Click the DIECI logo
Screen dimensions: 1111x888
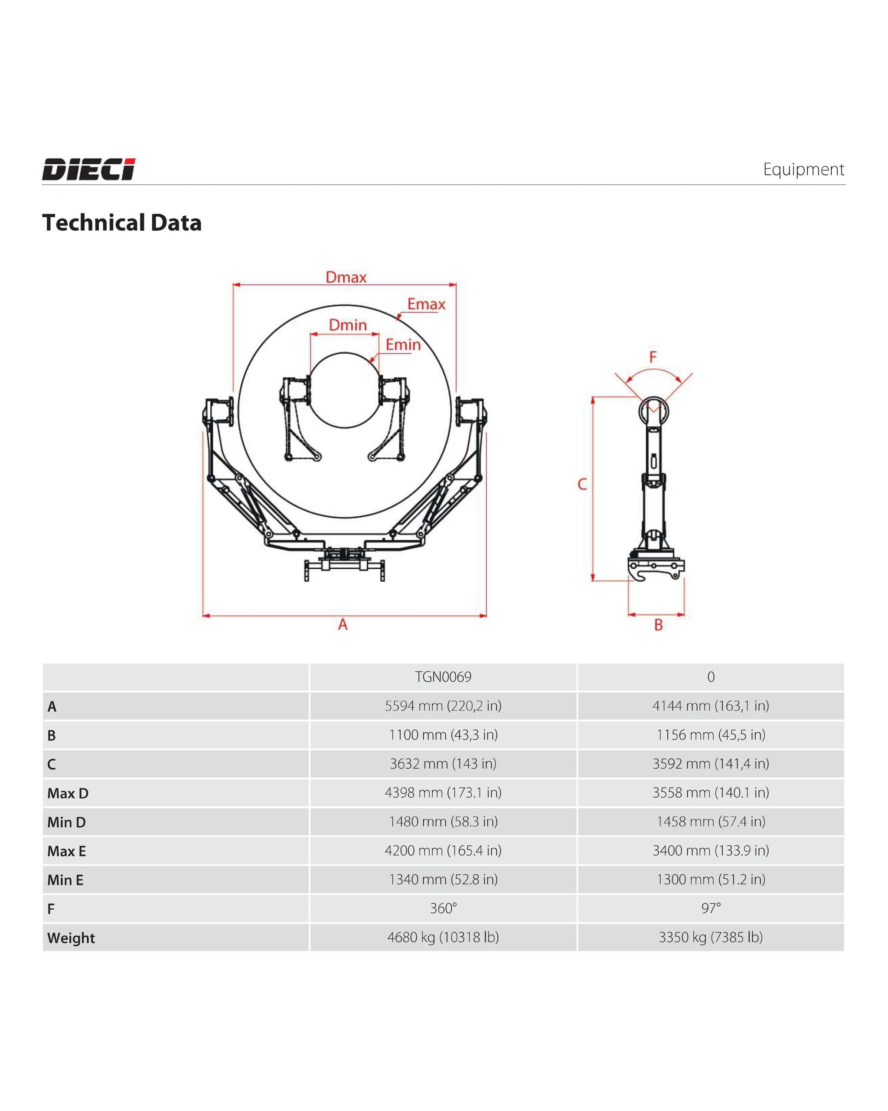(x=88, y=169)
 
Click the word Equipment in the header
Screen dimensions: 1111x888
(x=803, y=169)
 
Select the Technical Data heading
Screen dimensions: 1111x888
(x=122, y=223)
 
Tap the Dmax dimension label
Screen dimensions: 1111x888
(x=346, y=277)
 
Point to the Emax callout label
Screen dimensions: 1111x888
(x=426, y=304)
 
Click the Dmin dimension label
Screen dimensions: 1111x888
(x=348, y=325)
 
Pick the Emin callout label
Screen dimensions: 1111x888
(x=403, y=345)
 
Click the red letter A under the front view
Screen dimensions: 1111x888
(x=343, y=625)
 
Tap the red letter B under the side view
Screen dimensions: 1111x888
(x=658, y=625)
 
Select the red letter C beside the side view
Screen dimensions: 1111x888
(x=582, y=484)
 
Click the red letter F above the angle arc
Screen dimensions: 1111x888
(x=653, y=357)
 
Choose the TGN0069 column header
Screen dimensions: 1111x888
(x=443, y=677)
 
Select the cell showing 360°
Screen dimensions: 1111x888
(x=443, y=908)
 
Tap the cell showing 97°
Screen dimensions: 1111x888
(x=711, y=908)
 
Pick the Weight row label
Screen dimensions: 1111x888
(x=71, y=938)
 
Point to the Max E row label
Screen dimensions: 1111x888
(x=66, y=851)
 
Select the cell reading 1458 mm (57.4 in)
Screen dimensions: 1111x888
(x=711, y=821)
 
